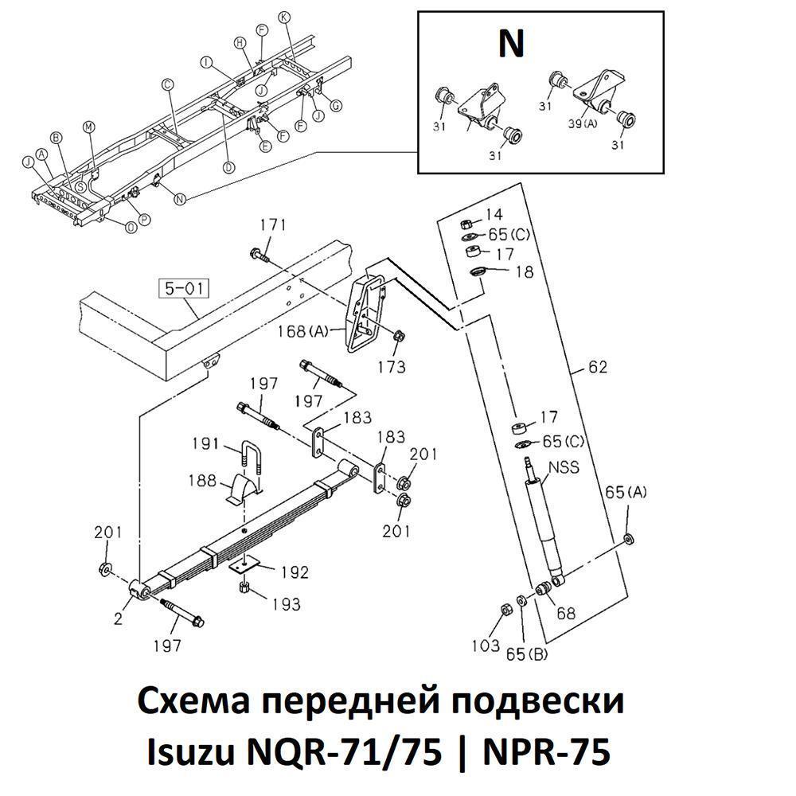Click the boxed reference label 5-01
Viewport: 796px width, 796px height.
(x=184, y=288)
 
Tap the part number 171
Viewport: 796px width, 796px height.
(x=273, y=226)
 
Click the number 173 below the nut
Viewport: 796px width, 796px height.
(x=392, y=367)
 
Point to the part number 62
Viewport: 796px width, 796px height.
(x=598, y=367)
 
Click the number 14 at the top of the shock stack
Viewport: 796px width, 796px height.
(x=494, y=215)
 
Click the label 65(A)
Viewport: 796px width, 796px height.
(x=628, y=492)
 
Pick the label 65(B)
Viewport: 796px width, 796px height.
(x=527, y=654)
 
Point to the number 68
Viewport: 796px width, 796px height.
(x=565, y=614)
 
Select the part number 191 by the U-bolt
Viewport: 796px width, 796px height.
(x=205, y=443)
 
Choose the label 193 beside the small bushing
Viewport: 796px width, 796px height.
(x=284, y=605)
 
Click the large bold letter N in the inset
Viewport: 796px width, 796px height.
(x=511, y=45)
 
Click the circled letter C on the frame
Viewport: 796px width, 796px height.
(x=167, y=84)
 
